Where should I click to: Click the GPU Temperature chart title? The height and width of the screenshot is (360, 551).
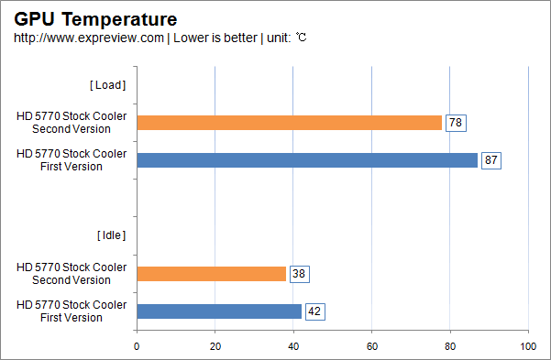[95, 18]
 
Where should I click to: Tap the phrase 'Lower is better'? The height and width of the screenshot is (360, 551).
[212, 38]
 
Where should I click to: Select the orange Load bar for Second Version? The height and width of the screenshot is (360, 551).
[289, 123]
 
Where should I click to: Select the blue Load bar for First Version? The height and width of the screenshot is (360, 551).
[307, 160]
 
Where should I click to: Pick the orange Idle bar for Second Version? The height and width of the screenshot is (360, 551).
[211, 274]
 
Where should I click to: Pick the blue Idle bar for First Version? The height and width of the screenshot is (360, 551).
[219, 311]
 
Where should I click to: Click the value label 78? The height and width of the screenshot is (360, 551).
[456, 123]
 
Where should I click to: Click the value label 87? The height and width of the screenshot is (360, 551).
[491, 160]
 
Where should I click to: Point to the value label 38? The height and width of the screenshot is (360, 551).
[299, 274]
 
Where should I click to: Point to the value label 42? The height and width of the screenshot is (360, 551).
[314, 311]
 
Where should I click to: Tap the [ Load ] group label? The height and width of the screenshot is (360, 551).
[107, 85]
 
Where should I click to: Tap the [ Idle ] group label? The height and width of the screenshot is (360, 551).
[110, 235]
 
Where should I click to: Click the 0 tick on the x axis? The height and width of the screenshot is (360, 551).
[137, 346]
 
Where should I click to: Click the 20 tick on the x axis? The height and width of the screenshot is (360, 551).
[215, 346]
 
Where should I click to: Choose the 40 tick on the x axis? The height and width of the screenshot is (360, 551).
[292, 346]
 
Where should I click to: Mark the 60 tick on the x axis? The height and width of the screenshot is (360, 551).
[371, 346]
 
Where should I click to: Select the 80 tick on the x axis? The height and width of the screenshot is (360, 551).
[449, 346]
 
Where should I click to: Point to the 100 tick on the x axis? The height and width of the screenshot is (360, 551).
[527, 346]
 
